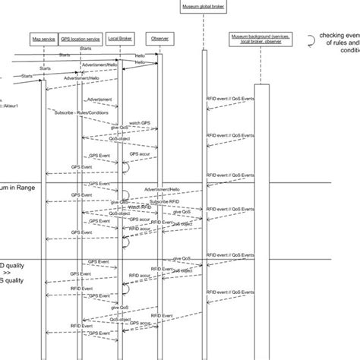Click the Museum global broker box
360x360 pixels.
pyautogui.click(x=202, y=6)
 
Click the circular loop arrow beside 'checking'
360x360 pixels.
pyautogui.click(x=312, y=39)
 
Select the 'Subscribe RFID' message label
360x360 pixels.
pyautogui.click(x=142, y=201)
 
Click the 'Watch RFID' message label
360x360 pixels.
pyautogui.click(x=138, y=207)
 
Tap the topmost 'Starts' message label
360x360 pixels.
pyautogui.click(x=65, y=55)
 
